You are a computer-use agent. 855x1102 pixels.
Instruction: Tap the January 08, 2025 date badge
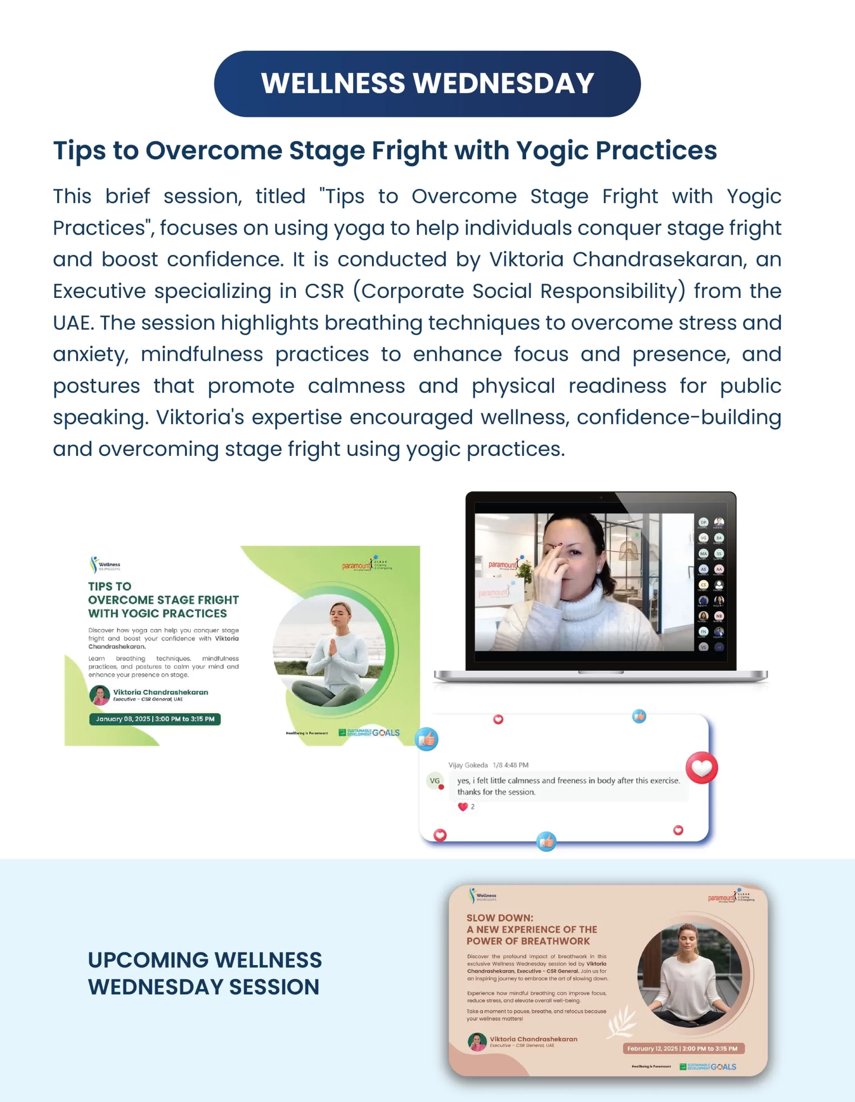(x=155, y=718)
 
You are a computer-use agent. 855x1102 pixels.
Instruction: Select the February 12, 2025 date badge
(x=682, y=1048)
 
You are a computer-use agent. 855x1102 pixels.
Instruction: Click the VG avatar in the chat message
(x=434, y=780)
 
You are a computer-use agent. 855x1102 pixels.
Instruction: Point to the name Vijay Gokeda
(x=468, y=765)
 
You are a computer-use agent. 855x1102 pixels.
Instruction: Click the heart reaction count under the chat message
(x=466, y=806)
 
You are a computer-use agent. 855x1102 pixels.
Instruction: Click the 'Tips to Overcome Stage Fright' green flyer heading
(x=163, y=600)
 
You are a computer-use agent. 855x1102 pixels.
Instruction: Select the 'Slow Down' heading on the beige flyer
(x=532, y=929)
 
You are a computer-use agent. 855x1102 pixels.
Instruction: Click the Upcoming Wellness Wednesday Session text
(x=204, y=973)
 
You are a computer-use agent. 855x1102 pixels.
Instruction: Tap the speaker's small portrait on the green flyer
(x=99, y=695)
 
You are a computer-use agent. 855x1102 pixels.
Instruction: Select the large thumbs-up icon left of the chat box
(x=427, y=739)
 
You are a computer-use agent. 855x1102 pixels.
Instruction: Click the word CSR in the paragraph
(x=324, y=291)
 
